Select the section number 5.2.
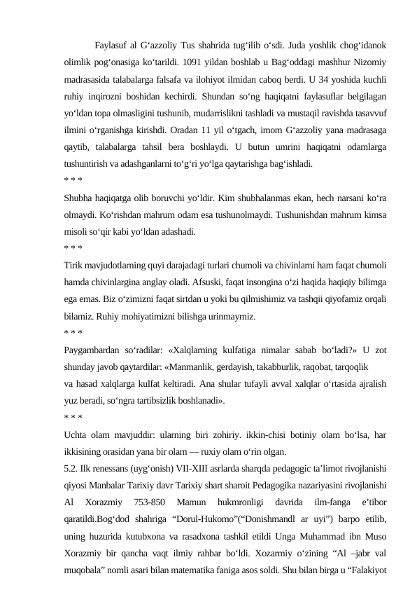70,466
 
